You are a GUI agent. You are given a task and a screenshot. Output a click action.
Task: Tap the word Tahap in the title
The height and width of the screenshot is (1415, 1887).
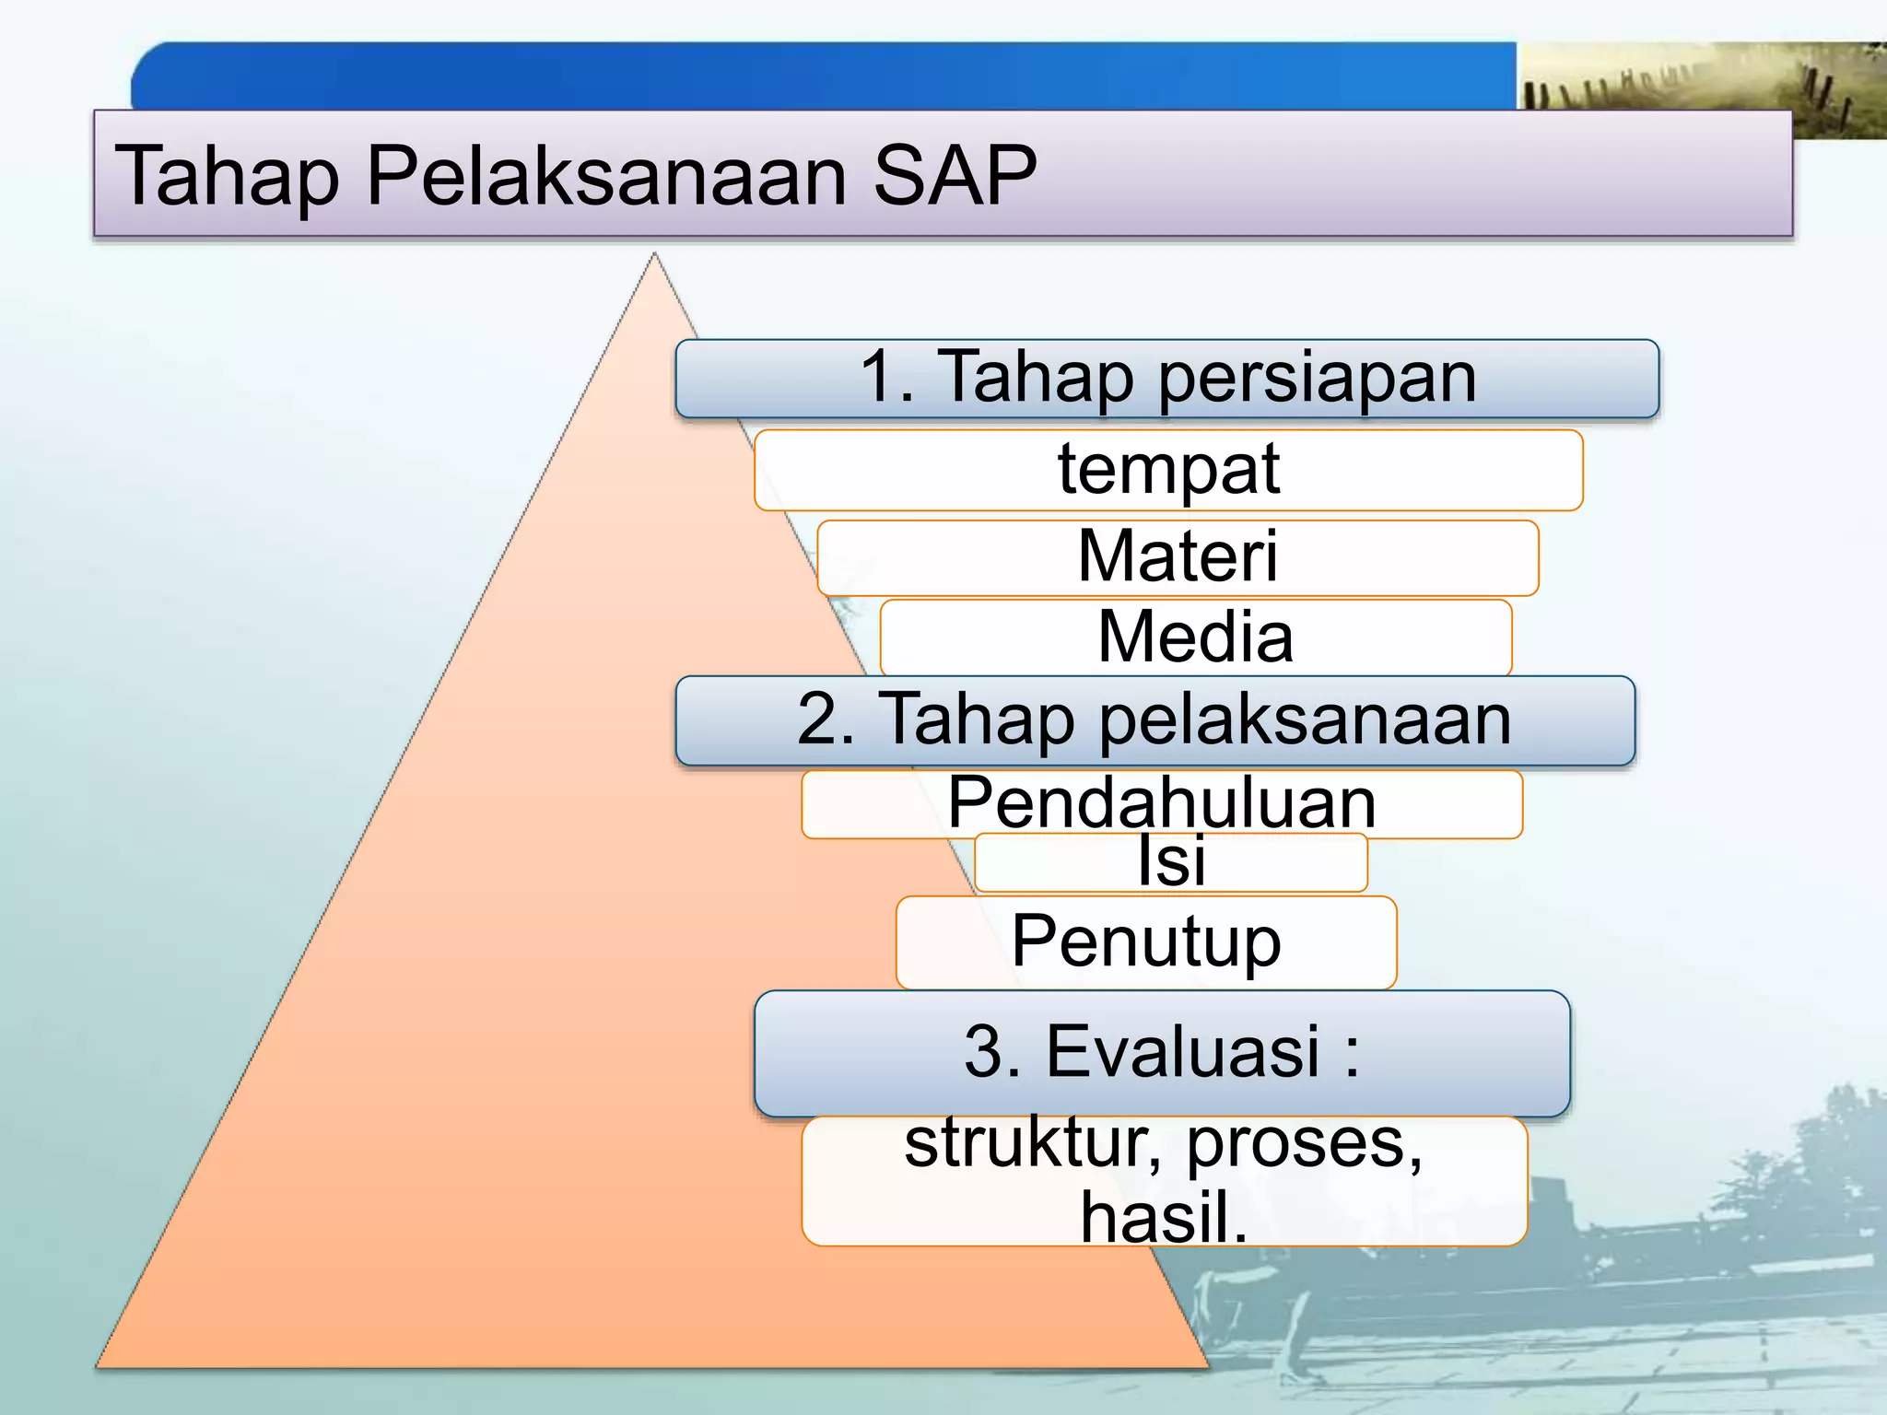227,177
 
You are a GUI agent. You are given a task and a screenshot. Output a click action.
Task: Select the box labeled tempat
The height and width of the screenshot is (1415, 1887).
1167,470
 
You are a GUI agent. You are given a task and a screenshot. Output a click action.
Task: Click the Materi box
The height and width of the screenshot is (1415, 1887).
1178,556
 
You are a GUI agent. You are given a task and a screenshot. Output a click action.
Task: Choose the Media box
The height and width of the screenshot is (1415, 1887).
1195,637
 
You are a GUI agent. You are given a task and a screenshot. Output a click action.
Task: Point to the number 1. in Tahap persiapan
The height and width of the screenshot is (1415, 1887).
885,378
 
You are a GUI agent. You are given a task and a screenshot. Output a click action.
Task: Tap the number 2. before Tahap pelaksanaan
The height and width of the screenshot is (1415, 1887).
825,719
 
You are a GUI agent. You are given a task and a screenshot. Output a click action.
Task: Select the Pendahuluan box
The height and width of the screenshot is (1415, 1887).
1161,803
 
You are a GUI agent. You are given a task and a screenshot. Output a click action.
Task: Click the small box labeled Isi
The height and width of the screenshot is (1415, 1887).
1170,862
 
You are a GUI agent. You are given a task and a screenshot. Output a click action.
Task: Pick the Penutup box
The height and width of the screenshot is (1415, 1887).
1145,941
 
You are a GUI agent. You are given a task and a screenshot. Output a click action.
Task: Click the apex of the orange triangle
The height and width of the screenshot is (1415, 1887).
654,259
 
